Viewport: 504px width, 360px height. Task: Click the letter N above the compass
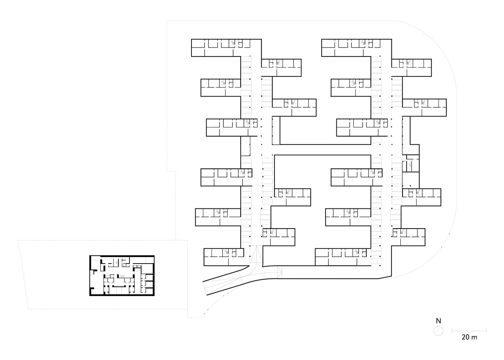[x=438, y=321]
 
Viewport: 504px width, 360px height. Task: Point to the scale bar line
[x=469, y=331]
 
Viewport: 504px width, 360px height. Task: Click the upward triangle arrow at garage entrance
[x=256, y=255]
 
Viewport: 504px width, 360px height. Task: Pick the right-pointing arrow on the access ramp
[x=280, y=272]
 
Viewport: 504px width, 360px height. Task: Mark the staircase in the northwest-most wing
[x=233, y=42]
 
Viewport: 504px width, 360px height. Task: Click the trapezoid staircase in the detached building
[x=123, y=276]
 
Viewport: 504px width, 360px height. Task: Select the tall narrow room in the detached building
[x=137, y=279]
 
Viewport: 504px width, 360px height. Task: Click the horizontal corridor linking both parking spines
[x=322, y=150]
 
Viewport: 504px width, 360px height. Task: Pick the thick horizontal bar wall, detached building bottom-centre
[x=119, y=286]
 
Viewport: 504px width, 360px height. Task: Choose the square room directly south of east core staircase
[x=410, y=180]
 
